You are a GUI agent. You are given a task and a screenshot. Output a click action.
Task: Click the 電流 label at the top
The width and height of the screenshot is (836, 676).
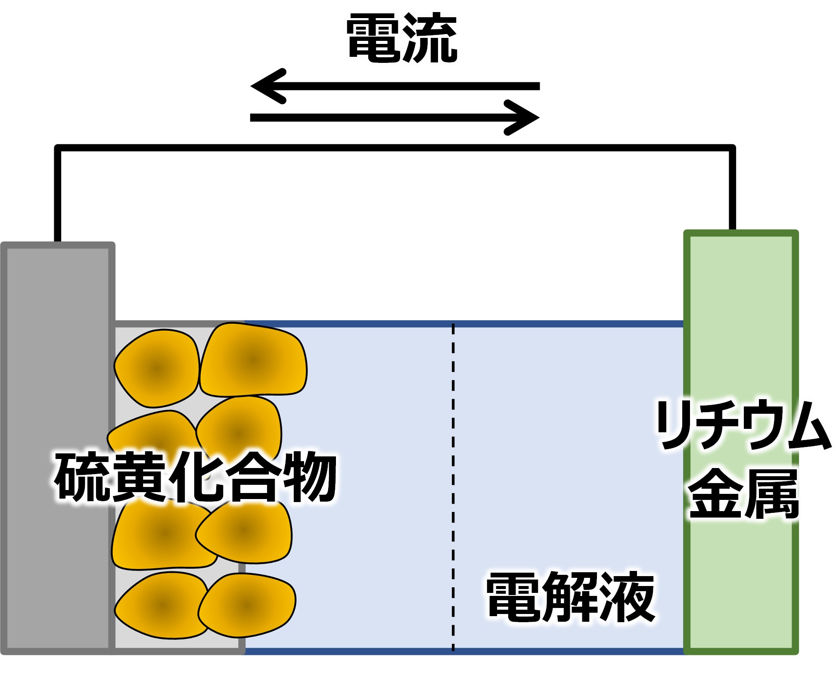point(401,38)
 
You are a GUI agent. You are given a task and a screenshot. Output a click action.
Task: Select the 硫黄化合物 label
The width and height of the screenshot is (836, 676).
point(196,476)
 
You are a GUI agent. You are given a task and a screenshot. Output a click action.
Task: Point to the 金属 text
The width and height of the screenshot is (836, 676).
point(743,493)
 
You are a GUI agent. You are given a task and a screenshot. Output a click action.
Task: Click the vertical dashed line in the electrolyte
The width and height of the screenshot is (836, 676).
point(453,487)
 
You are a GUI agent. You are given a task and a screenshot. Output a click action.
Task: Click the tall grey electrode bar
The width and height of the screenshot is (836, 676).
point(58,448)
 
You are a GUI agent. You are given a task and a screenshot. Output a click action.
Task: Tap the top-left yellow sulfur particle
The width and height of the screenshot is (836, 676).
point(156,368)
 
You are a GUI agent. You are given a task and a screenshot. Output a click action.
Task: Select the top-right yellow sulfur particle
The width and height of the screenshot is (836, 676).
point(253,359)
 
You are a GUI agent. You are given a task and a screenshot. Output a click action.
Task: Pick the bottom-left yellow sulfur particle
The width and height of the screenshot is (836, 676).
point(161,605)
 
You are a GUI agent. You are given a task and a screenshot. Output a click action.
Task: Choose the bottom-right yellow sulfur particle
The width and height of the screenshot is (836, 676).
point(247,605)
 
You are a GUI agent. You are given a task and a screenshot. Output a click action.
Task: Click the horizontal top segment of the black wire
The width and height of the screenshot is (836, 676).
point(395,148)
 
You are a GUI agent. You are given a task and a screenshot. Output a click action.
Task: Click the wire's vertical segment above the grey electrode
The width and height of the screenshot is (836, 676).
point(58,194)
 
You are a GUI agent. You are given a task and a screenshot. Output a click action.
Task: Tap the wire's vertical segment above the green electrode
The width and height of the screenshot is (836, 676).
point(732,188)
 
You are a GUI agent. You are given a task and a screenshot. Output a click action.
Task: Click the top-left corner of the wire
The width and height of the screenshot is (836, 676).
point(58,148)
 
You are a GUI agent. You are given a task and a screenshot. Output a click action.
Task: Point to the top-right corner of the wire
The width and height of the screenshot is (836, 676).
point(732,148)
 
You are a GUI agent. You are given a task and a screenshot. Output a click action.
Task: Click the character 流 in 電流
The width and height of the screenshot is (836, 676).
point(430,38)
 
